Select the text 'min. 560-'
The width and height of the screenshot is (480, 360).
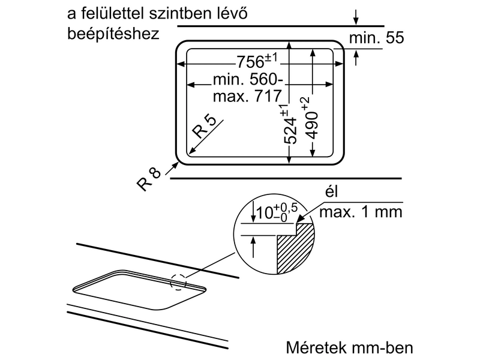point(246,79)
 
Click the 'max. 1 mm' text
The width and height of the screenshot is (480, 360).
point(361,212)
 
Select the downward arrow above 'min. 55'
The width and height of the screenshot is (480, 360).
point(357,16)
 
